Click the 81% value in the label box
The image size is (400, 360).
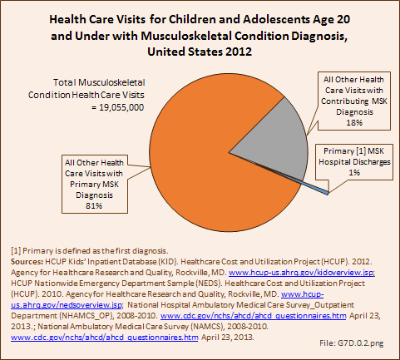94,205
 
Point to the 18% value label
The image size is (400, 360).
354,122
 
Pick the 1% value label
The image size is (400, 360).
354,172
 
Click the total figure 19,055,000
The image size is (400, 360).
121,107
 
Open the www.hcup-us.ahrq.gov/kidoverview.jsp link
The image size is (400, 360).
302,273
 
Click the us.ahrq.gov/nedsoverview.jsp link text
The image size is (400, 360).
67,305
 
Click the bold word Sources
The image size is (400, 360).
27,262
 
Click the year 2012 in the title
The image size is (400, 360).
239,52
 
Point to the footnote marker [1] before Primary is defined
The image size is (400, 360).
16,251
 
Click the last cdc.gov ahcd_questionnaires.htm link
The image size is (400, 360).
105,338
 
